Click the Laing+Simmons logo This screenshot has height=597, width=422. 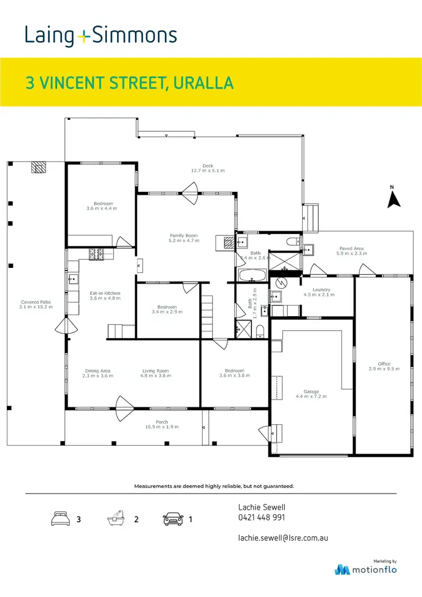(x=101, y=35)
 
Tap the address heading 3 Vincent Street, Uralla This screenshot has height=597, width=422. (x=129, y=83)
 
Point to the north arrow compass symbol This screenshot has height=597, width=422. (x=394, y=198)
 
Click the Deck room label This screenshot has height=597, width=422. (x=208, y=166)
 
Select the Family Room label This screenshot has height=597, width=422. (x=184, y=236)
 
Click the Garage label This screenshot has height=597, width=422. (x=311, y=392)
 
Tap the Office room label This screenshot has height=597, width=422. (x=384, y=364)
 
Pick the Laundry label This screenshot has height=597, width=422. (x=322, y=290)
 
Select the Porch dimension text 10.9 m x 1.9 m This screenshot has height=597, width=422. (x=162, y=427)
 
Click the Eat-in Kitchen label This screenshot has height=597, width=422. (x=105, y=293)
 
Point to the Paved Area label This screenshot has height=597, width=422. (x=351, y=248)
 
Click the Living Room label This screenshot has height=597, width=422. (x=155, y=371)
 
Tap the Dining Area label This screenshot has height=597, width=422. (x=98, y=371)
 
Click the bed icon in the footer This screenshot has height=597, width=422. (x=60, y=519)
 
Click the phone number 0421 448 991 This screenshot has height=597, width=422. (x=262, y=518)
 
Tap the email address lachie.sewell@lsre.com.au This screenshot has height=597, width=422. (x=283, y=537)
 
